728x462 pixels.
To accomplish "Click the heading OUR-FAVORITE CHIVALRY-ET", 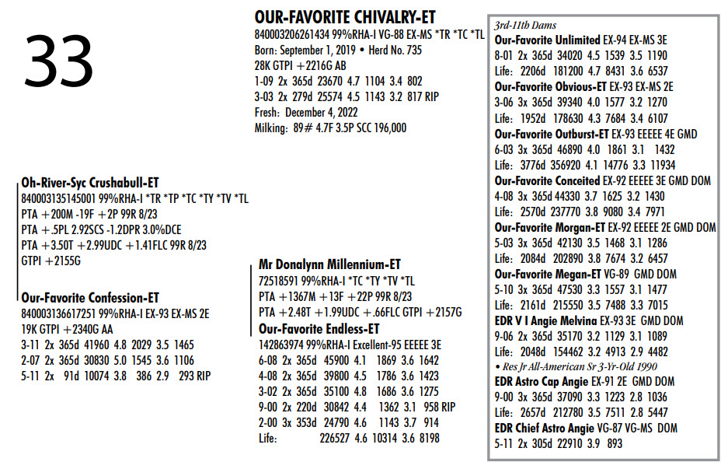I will [345, 17].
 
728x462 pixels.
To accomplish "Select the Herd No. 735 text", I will [393, 50].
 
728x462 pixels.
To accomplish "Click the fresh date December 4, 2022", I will [320, 112].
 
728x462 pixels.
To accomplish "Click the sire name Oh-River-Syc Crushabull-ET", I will [89, 183].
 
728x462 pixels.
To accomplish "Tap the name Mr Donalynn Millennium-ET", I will [329, 264].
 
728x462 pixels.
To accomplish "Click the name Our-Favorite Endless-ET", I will [319, 328].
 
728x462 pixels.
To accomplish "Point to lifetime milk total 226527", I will [336, 439].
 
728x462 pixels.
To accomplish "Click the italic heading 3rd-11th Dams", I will [525, 26].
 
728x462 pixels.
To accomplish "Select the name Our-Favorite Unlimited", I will [547, 40].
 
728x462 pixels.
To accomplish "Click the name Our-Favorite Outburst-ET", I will [551, 133].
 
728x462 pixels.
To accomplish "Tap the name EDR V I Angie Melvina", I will [545, 320].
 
